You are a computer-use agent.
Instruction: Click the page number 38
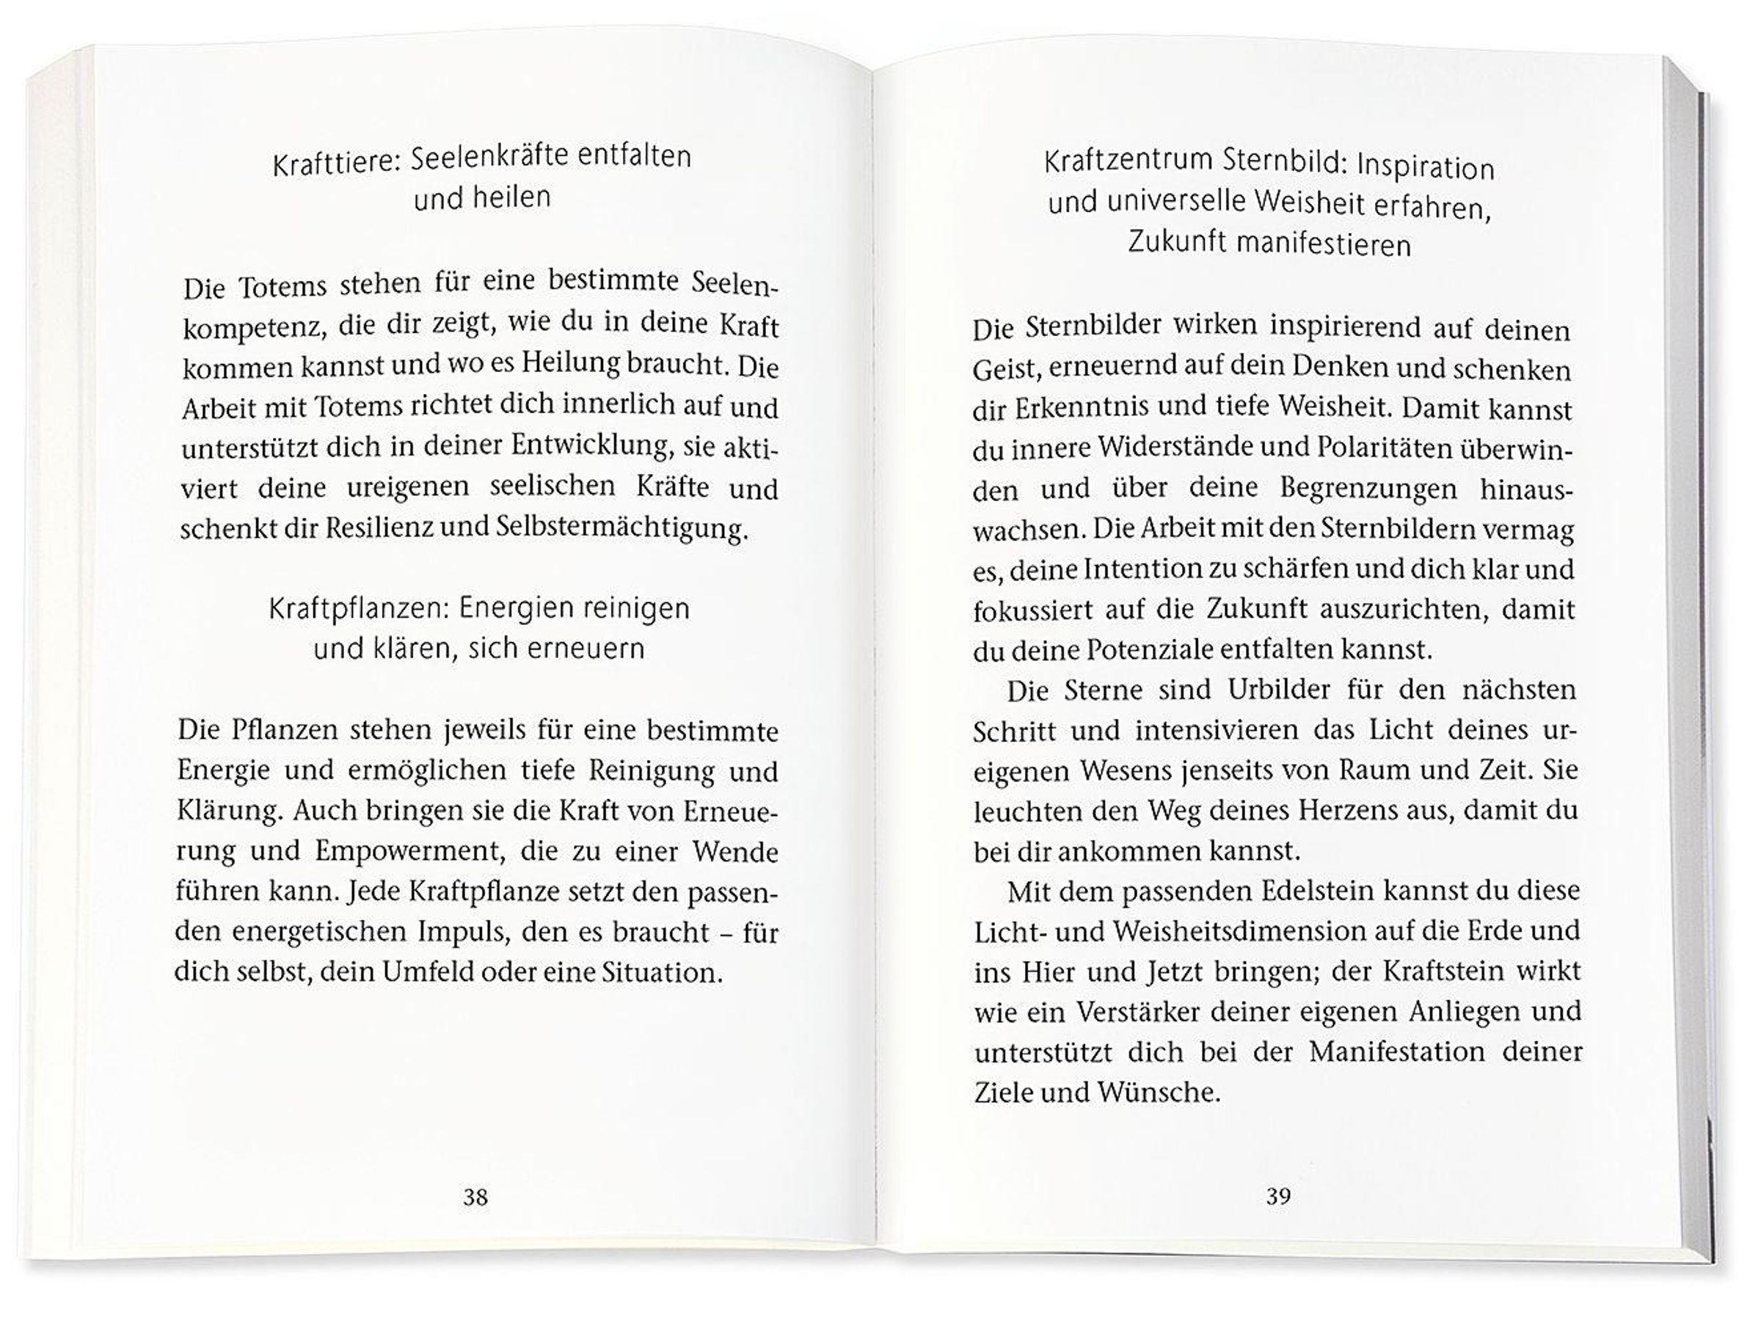[475, 1197]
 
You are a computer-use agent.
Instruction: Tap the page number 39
[1277, 1196]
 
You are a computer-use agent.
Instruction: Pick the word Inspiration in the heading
[1425, 167]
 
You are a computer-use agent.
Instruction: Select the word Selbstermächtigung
[621, 528]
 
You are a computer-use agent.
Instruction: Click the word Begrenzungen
[1368, 488]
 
